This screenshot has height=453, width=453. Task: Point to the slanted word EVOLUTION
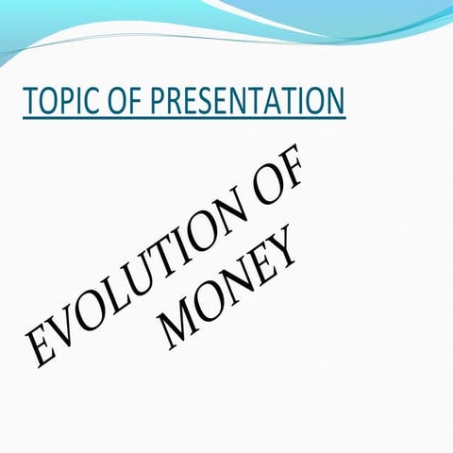(142, 283)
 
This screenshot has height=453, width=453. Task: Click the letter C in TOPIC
(85, 102)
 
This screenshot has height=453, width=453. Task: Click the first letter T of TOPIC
(29, 102)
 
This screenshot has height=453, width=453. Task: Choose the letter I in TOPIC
(75, 102)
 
